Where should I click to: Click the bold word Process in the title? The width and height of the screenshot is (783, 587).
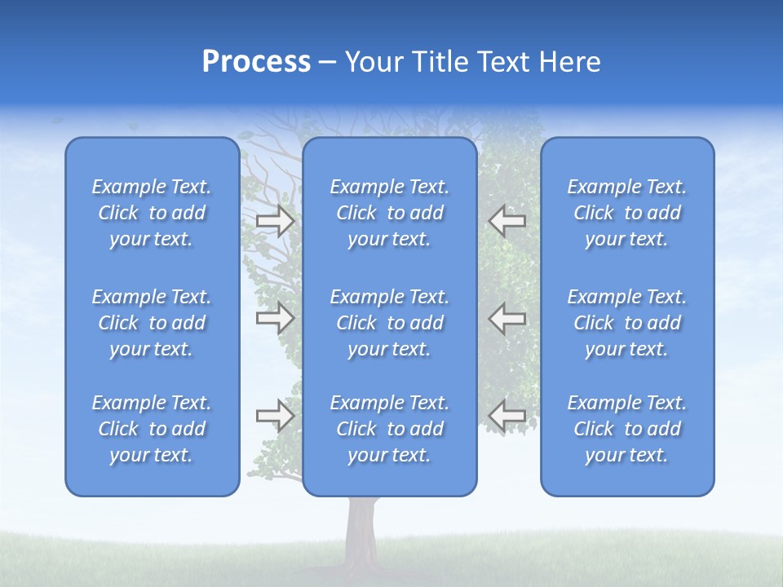pyautogui.click(x=256, y=62)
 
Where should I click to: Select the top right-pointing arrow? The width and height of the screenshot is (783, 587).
pyautogui.click(x=276, y=220)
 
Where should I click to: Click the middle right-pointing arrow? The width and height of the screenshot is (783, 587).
pyautogui.click(x=276, y=318)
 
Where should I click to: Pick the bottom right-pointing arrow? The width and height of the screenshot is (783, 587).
pyautogui.click(x=276, y=416)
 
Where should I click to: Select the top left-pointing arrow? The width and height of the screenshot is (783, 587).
pyautogui.click(x=507, y=220)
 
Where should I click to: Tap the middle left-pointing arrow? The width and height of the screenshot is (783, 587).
pyautogui.click(x=507, y=318)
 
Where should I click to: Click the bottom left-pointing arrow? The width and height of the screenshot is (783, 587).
pyautogui.click(x=507, y=416)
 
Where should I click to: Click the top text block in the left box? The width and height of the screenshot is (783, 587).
pyautogui.click(x=152, y=213)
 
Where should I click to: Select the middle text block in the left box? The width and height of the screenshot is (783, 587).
pyautogui.click(x=152, y=323)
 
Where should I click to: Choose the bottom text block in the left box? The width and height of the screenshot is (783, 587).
pyautogui.click(x=152, y=429)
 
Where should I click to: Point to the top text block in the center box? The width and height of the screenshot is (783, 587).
pyautogui.click(x=390, y=213)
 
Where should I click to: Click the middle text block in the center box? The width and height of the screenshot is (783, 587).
pyautogui.click(x=390, y=323)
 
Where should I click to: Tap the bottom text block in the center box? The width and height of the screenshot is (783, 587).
pyautogui.click(x=390, y=429)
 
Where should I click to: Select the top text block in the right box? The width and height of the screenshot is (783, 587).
pyautogui.click(x=627, y=213)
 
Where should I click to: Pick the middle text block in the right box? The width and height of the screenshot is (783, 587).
pyautogui.click(x=627, y=323)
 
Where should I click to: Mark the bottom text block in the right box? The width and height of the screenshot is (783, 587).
pyautogui.click(x=627, y=429)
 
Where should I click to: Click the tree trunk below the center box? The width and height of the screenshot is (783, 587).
pyautogui.click(x=360, y=530)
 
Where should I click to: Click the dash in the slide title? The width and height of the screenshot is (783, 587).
pyautogui.click(x=327, y=63)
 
